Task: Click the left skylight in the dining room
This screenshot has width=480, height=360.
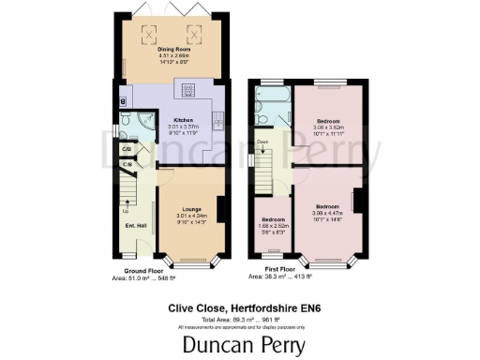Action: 147,36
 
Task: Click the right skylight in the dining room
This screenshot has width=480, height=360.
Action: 194,36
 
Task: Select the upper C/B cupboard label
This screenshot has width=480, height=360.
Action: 127,149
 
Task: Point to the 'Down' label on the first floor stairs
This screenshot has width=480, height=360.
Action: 262,142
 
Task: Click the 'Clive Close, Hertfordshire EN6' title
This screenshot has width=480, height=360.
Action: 240,306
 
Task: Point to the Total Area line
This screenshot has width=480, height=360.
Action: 240,318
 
